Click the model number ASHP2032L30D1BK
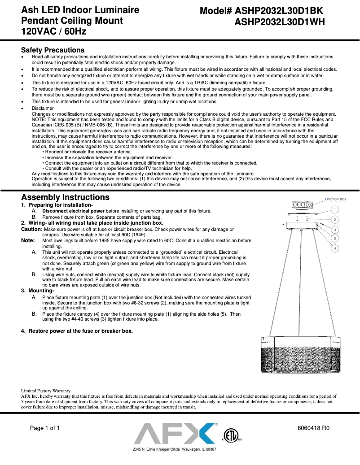(278, 11)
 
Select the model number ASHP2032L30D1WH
(280, 22)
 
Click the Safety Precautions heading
(53, 50)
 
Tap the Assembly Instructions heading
(66, 197)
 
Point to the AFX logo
(175, 434)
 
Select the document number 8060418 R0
(314, 428)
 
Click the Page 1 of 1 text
(45, 428)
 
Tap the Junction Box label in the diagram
(335, 199)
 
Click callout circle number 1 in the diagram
(335, 209)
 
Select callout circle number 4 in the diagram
(335, 248)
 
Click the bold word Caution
(31, 229)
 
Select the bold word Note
(28, 241)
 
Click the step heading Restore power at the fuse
(77, 331)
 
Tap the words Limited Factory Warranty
(46, 391)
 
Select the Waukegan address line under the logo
(175, 449)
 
